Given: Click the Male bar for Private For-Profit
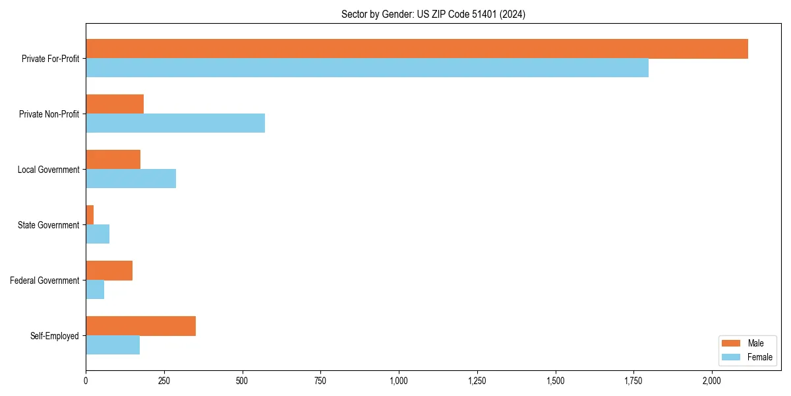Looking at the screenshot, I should coord(417,49).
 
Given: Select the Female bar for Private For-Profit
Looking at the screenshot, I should coord(367,68).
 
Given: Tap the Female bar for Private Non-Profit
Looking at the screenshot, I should coord(175,123).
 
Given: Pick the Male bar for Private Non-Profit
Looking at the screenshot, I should coord(115,104).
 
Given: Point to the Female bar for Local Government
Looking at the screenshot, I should coord(131,179).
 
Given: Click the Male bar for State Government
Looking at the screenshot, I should coord(90,214).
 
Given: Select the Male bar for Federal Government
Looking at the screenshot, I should coord(109,271).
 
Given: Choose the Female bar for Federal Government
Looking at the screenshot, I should coord(95,289).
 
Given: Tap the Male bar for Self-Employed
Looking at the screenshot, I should coord(140,326).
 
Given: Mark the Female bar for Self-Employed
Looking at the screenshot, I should coord(113,345).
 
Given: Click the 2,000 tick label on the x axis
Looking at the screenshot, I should coord(712,381).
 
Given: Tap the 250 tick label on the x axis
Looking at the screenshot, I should coord(164,381).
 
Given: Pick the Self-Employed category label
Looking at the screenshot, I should coord(55,336).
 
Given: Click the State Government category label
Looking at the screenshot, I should coord(49,225).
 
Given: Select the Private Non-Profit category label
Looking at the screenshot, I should coord(49,114).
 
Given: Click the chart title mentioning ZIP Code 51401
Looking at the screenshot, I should coord(433,14).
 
